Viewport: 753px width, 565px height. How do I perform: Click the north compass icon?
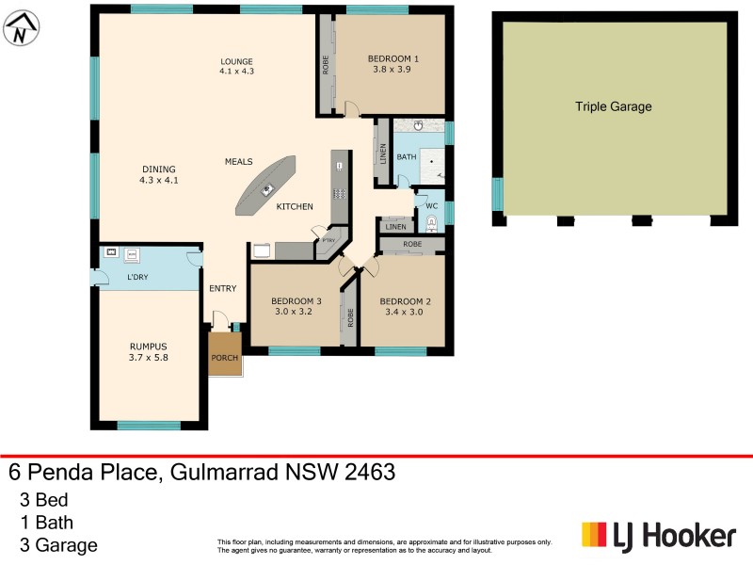point(20,28)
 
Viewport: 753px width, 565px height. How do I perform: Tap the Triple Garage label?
point(613,107)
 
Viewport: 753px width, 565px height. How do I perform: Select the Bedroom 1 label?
point(393,58)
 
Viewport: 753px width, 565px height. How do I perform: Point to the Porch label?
point(224,358)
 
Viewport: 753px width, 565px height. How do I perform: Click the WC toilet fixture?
point(431,223)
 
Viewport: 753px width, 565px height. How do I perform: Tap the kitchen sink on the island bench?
point(267,189)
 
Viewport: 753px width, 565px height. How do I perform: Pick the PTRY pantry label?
point(328,240)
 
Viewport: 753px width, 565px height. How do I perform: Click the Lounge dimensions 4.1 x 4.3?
point(237,71)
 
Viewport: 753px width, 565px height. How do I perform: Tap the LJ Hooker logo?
point(658,536)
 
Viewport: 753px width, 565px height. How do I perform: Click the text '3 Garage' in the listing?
point(58,544)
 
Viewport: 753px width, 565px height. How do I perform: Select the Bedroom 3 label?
point(296,301)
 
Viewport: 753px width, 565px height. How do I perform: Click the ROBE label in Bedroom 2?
point(411,245)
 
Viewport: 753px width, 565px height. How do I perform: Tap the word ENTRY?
point(222,288)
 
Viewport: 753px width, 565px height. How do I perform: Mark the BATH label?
point(407,156)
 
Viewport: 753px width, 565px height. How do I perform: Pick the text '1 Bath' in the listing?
point(46,522)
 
